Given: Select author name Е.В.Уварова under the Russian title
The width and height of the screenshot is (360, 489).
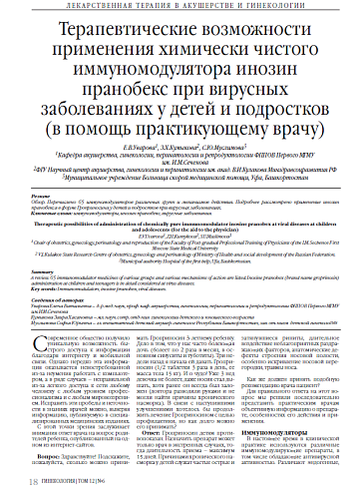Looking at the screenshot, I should tap(146, 146).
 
